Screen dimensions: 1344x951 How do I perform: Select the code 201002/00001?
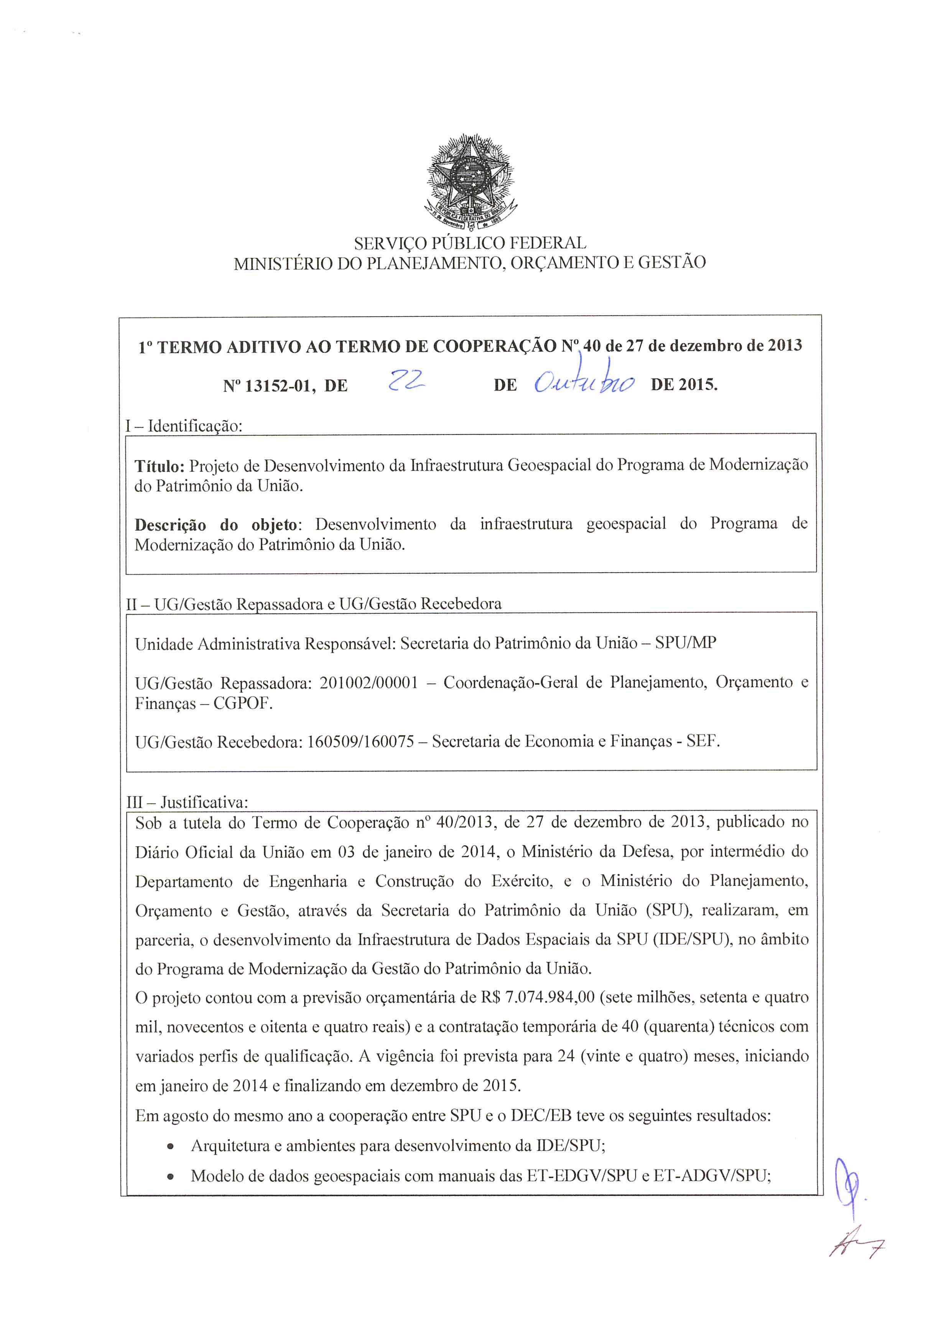pyautogui.click(x=369, y=683)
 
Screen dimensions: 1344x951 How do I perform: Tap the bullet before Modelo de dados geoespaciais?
pyautogui.click(x=170, y=1176)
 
